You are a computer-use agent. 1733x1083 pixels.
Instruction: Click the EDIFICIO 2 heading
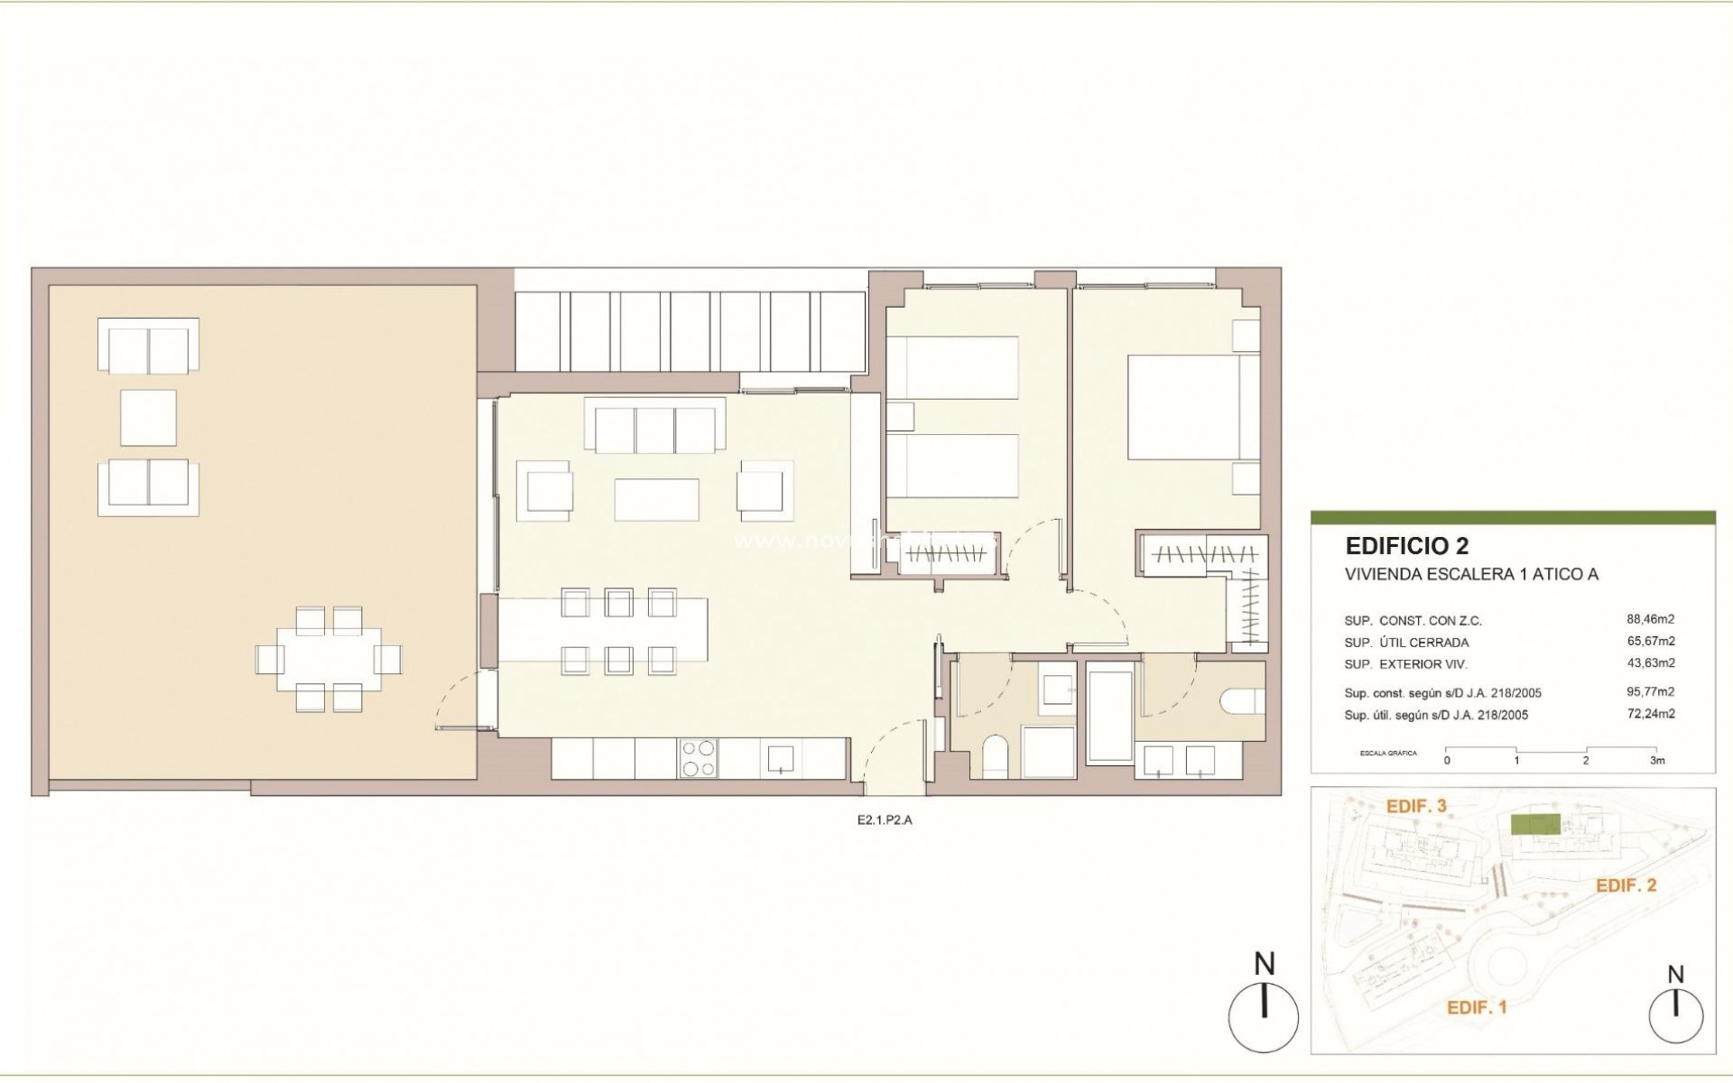point(1406,546)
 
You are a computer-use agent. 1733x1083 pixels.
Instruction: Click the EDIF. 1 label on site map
point(1477,1007)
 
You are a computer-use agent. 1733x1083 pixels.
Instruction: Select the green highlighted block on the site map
point(1535,824)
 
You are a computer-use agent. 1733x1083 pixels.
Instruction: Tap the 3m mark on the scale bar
point(1656,761)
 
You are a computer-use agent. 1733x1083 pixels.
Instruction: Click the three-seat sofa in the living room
point(655,426)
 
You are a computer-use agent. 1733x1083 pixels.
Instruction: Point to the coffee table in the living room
point(656,499)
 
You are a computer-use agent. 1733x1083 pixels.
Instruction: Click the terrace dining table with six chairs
point(328,659)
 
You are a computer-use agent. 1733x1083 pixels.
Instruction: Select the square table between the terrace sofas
point(148,417)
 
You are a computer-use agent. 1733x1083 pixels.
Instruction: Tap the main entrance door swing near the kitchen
point(894,749)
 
